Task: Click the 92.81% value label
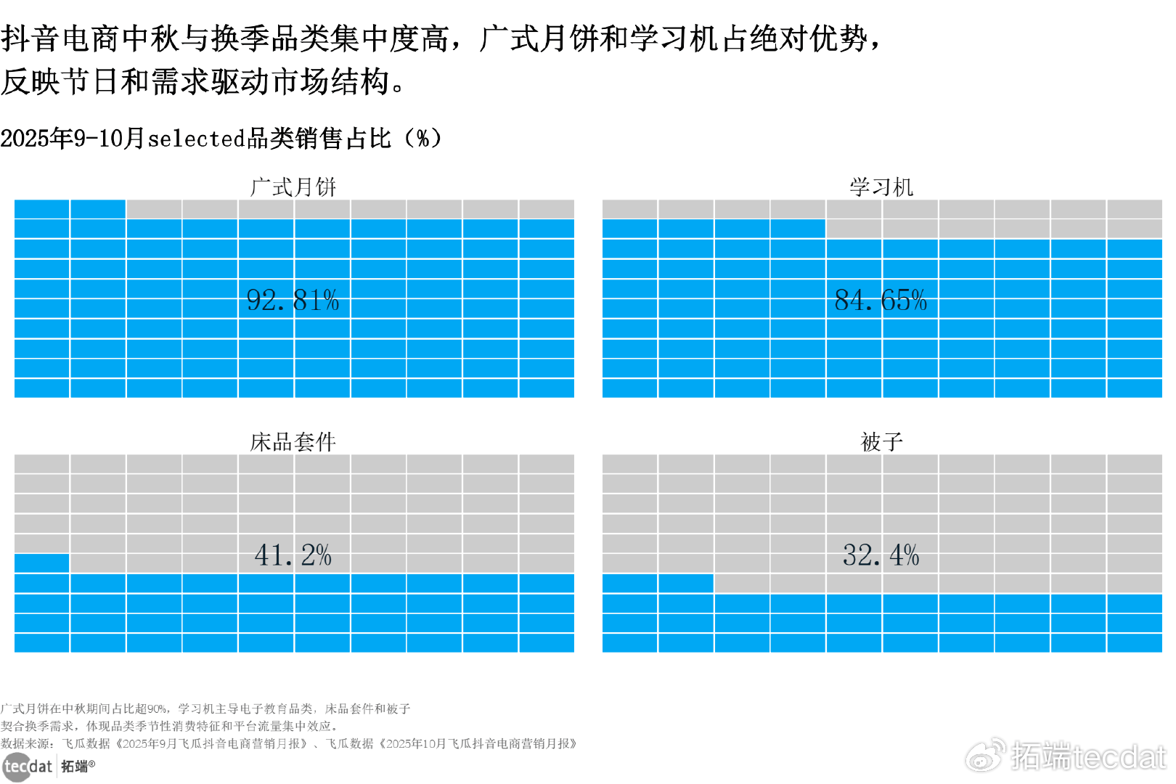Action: [293, 300]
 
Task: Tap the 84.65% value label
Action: [881, 300]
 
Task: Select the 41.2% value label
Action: [293, 555]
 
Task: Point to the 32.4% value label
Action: [881, 555]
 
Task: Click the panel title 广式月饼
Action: [293, 187]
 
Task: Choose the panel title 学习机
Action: [881, 187]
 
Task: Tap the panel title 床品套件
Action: [293, 441]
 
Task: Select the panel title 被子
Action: [881, 441]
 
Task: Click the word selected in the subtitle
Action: [197, 138]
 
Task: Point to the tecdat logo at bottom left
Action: [28, 767]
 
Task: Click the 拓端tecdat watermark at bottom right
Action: [1067, 756]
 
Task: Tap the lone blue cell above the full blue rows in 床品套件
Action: [41, 563]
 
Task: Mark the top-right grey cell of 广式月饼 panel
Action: [547, 209]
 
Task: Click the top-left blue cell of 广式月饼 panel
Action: [41, 209]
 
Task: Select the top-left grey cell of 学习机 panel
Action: [629, 209]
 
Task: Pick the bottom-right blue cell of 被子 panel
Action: [1135, 643]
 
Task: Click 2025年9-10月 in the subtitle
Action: [73, 138]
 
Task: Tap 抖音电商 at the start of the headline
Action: [61, 38]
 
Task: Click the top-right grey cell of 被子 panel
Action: [1135, 464]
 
